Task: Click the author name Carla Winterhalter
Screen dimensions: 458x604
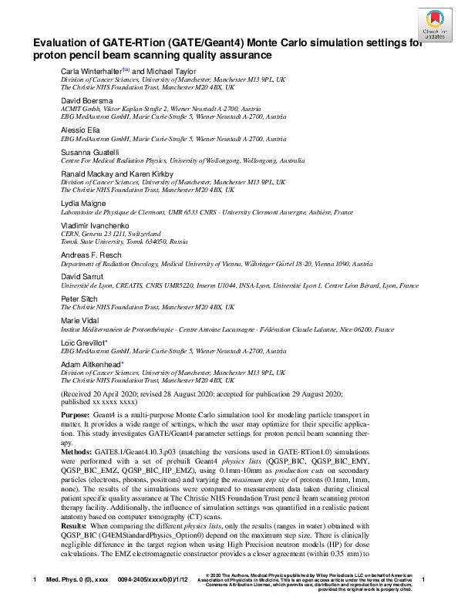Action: click(x=88, y=71)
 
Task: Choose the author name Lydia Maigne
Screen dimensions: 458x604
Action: click(x=80, y=203)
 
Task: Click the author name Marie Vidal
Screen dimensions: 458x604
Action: click(x=78, y=319)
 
